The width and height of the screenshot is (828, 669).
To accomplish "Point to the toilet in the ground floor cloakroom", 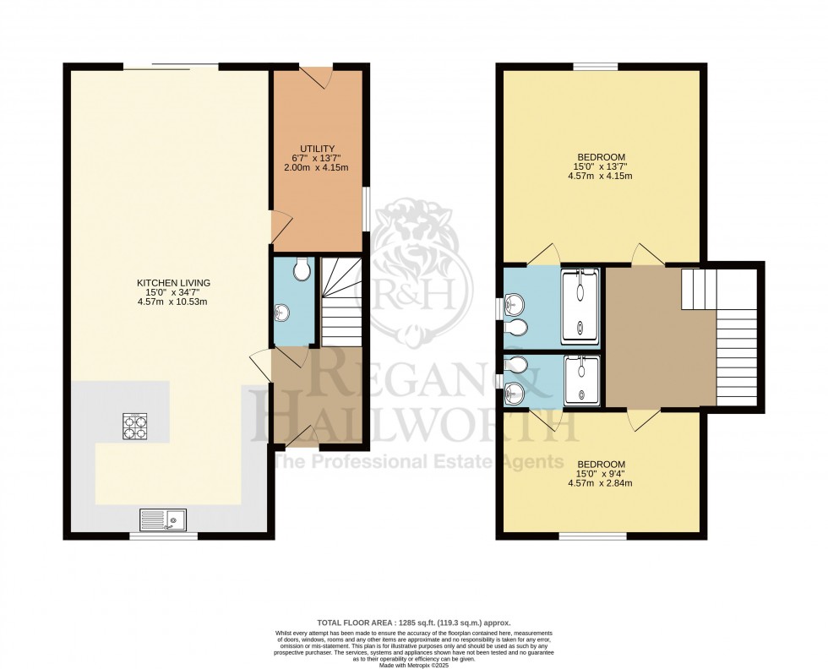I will click(303, 269).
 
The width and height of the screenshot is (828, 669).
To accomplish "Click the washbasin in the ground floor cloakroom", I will click(281, 313).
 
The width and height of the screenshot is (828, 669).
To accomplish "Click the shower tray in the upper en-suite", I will click(580, 307).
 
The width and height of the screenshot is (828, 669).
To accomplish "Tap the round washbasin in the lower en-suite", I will click(515, 392).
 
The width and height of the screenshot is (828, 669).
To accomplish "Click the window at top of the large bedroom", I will click(595, 67).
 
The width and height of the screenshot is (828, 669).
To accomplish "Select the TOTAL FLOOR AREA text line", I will click(413, 621).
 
